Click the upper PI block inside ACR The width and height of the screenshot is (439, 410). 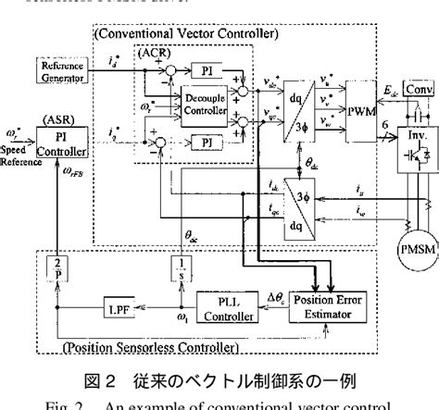[206, 70]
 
